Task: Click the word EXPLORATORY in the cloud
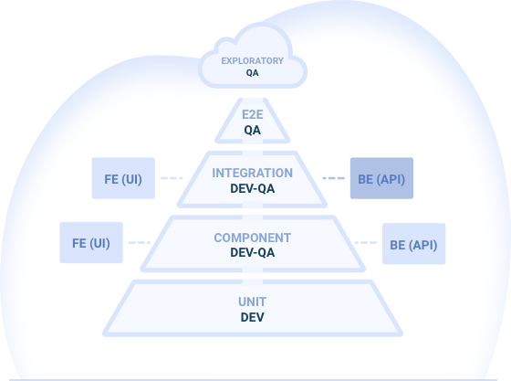click(252, 61)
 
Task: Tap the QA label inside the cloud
click(252, 73)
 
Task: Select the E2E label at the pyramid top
click(252, 115)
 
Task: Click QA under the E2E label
click(252, 130)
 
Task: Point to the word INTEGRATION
click(252, 173)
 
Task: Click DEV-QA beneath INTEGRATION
click(252, 188)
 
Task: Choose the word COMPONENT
click(252, 238)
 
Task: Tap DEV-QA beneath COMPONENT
click(252, 252)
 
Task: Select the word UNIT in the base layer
click(252, 302)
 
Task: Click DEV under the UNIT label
click(252, 317)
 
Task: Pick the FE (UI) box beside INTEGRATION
click(123, 178)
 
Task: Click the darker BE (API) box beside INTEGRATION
click(381, 178)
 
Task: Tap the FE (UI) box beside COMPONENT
click(91, 242)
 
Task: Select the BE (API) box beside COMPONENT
click(414, 244)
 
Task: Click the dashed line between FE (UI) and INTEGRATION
click(172, 178)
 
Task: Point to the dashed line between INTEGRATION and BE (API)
click(333, 178)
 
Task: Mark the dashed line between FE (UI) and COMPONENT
click(140, 242)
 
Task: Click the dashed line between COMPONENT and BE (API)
click(366, 242)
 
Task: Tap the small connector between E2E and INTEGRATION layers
click(252, 147)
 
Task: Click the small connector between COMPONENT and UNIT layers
click(252, 276)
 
